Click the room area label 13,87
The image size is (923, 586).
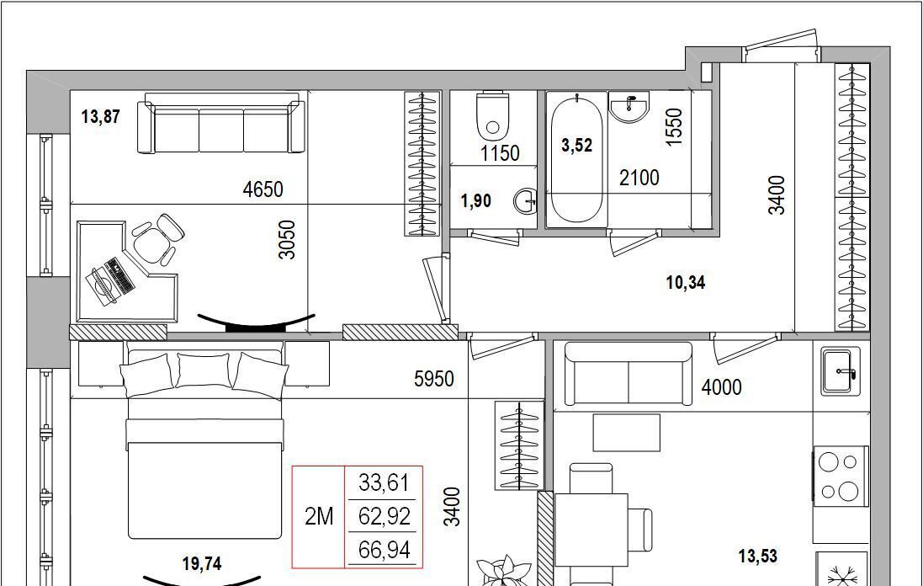101,117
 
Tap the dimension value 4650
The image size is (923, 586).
263,189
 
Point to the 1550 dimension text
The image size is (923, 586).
674,126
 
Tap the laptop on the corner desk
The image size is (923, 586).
111,281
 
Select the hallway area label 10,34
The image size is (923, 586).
685,283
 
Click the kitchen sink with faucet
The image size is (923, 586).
840,371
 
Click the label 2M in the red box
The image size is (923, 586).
319,516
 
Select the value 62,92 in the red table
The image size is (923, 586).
384,516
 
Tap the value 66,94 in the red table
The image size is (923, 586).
384,550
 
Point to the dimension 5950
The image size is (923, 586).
434,379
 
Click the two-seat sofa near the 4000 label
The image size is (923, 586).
628,374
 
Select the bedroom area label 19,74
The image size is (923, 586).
201,563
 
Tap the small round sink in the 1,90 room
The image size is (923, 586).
525,201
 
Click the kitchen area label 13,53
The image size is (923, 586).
757,556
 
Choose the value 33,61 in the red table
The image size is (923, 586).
384,483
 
